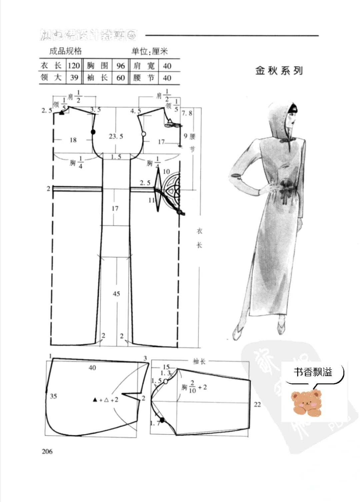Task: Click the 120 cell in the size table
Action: tap(74, 65)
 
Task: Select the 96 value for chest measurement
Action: tap(120, 66)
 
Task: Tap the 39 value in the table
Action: tap(74, 78)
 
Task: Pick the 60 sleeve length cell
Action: tap(120, 78)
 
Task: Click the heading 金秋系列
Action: tap(279, 71)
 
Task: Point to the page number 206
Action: tap(47, 451)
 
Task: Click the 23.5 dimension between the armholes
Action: tap(116, 136)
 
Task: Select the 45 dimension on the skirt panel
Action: tap(116, 293)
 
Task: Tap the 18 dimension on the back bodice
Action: tap(73, 140)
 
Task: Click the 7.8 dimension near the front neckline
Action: tap(187, 113)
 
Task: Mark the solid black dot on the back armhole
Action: tap(93, 132)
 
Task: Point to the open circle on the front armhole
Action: tap(144, 134)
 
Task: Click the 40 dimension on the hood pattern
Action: tap(92, 367)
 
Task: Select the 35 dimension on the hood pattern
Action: tap(53, 396)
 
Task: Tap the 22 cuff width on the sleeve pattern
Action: tap(257, 404)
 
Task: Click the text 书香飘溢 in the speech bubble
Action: tap(313, 372)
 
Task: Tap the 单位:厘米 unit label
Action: tap(150, 51)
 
